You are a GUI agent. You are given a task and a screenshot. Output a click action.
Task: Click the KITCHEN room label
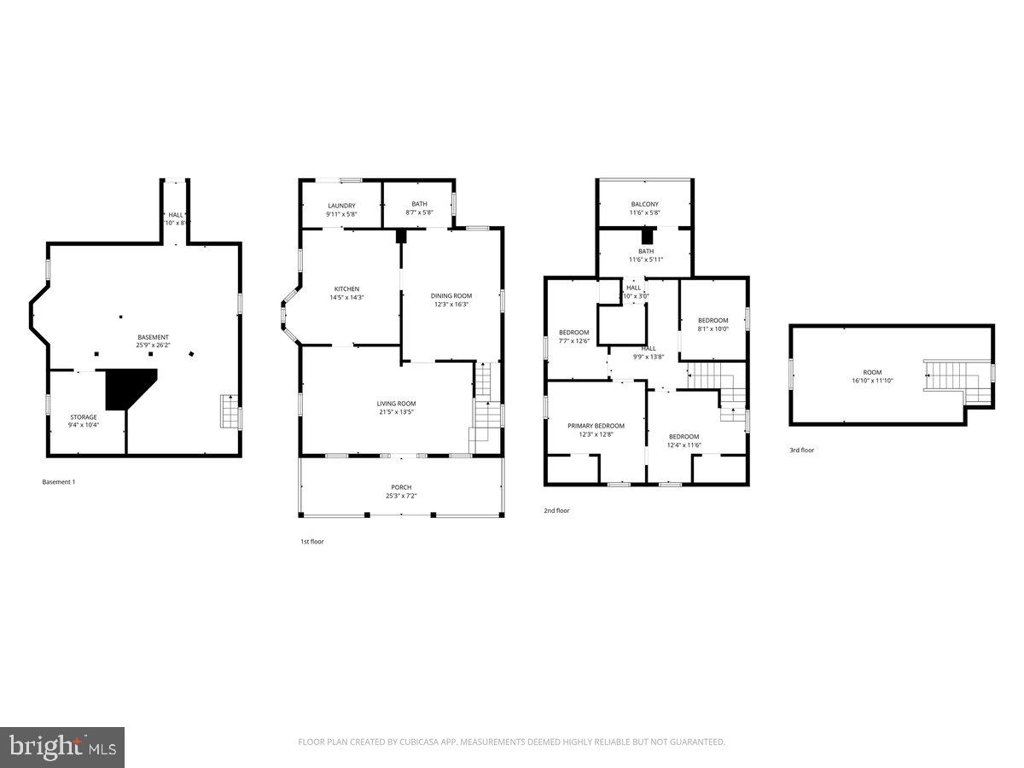(346, 289)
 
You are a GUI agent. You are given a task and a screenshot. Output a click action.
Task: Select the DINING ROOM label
(451, 296)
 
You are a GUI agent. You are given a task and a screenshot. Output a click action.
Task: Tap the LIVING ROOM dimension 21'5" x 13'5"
(396, 412)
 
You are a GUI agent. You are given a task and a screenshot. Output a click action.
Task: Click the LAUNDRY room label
(340, 206)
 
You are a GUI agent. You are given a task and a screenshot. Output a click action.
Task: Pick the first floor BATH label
(419, 204)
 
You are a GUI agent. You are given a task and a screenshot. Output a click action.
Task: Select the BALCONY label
(644, 204)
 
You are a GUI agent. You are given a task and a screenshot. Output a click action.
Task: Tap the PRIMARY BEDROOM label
(596, 426)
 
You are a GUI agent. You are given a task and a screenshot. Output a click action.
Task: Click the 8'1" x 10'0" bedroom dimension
(713, 329)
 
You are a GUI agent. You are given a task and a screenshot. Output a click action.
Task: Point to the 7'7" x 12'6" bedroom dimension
(573, 341)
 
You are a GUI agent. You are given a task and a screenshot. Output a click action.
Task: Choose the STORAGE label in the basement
(84, 417)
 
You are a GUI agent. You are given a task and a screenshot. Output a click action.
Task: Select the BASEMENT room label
(153, 337)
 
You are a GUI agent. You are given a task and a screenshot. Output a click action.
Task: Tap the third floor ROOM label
(871, 372)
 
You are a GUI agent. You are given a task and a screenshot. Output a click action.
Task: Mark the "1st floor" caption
(311, 542)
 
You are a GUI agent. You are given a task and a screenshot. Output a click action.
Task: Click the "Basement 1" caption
(59, 482)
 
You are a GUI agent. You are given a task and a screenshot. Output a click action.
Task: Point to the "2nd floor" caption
(556, 511)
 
